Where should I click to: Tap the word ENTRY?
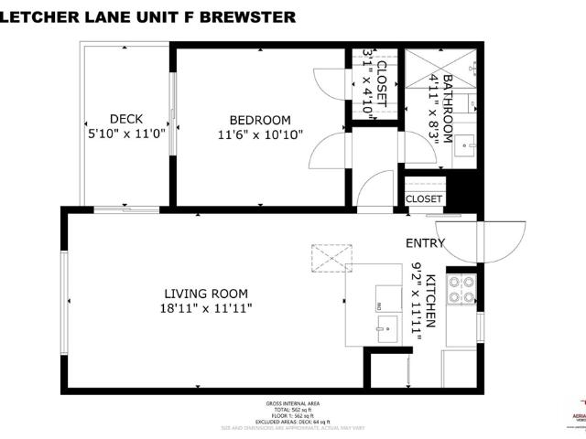click(426, 243)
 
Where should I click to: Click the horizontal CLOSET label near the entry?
click(424, 198)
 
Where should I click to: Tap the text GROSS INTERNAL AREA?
click(293, 403)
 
